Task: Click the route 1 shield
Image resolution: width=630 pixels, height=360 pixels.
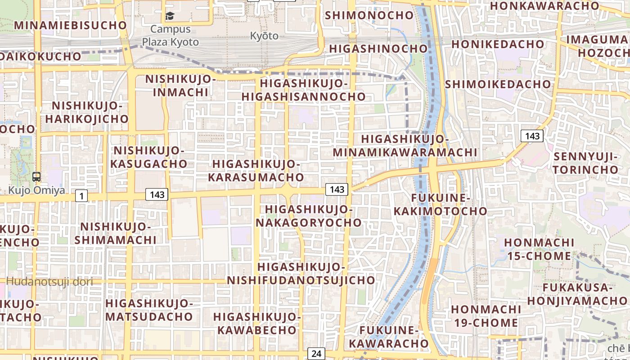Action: pos(81,196)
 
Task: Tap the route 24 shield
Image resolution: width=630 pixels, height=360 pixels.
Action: pos(316,353)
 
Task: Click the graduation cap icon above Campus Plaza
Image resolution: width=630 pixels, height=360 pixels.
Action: pos(170,16)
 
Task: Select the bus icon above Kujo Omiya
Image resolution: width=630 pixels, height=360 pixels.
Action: pos(36,177)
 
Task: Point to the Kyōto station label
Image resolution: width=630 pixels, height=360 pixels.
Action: pos(264,36)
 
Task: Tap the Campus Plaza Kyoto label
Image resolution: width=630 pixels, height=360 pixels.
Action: pos(170,36)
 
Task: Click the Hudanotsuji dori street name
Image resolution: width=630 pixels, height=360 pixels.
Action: pos(50,282)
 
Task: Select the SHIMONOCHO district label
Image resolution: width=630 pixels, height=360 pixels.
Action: pos(369,15)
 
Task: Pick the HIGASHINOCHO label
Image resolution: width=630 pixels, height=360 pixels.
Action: pos(378,49)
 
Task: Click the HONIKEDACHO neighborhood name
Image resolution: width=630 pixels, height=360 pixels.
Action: pos(498,45)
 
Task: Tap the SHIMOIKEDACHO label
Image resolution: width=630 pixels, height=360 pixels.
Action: pos(498,84)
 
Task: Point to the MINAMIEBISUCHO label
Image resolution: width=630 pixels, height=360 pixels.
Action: pos(71,25)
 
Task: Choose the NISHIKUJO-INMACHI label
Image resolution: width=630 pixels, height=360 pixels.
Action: pos(180,85)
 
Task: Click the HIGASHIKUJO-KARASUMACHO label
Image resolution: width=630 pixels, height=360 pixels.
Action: pos(256,171)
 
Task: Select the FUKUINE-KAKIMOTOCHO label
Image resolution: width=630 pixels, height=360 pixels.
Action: pos(441,205)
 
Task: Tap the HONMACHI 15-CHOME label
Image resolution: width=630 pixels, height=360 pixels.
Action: pos(539,249)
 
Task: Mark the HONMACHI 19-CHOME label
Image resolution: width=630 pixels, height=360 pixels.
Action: pos(486,316)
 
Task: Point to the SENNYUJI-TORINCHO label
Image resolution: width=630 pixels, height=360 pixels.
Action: pos(586,163)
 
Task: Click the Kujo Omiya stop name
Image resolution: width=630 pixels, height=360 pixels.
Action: pos(36,190)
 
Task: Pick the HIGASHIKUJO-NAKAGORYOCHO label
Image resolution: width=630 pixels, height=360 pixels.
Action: pos(309,216)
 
